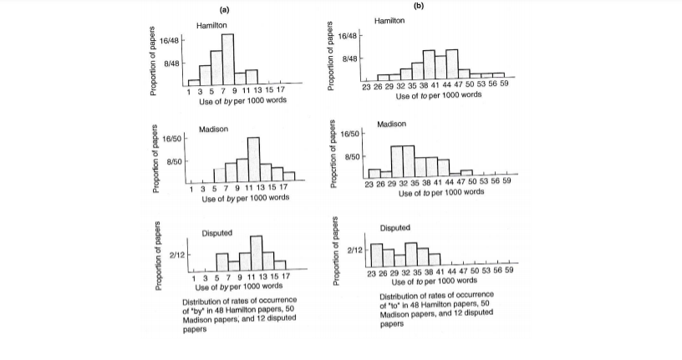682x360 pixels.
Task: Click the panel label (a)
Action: tap(225, 9)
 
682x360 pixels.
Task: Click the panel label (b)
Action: tap(419, 6)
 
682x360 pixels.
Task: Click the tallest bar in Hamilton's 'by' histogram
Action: tap(228, 59)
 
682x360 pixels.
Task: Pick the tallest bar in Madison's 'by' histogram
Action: tap(253, 159)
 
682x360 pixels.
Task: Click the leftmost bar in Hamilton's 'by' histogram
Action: tap(194, 83)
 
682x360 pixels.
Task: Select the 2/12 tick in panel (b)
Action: tap(354, 250)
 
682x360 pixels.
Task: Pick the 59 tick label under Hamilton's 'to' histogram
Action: tap(499, 86)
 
